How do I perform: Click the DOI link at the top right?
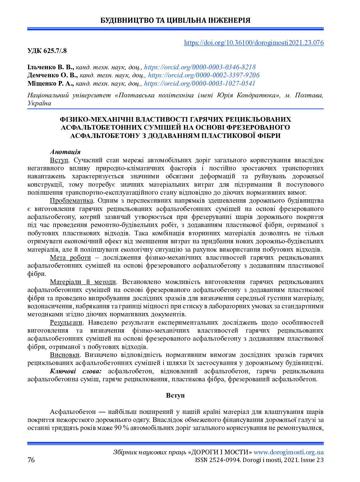point(254,43)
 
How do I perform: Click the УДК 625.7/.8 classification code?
point(47,51)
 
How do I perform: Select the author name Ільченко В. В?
point(51,67)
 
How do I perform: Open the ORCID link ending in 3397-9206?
point(204,75)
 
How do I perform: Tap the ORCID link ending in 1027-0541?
point(200,83)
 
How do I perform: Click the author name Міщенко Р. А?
point(51,83)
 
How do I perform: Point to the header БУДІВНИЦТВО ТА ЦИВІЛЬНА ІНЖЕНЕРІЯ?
point(175,21)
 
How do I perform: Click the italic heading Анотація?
point(65,152)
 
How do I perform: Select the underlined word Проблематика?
point(71,200)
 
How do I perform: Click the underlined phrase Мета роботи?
point(70,257)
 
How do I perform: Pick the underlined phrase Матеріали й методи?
point(83,282)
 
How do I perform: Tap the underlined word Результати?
point(66,322)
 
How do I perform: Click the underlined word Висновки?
point(65,355)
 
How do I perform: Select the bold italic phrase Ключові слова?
point(75,371)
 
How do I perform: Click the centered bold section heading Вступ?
point(175,395)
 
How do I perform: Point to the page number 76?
point(31,460)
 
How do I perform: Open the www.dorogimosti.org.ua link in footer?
point(289,452)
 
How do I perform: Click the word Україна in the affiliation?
point(39,103)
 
